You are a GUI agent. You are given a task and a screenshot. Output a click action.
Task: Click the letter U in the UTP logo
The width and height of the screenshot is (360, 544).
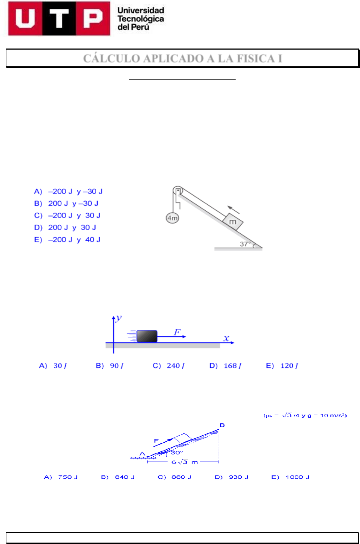coord(25,19)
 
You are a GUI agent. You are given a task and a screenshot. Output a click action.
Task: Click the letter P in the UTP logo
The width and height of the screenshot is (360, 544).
coord(93,19)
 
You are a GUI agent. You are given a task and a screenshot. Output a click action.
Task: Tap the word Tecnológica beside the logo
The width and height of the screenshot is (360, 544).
coord(140,19)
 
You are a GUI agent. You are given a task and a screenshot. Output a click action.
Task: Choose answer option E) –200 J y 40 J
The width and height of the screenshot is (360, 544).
coord(67,240)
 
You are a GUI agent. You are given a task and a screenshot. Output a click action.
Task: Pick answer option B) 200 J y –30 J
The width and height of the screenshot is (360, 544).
coord(66,203)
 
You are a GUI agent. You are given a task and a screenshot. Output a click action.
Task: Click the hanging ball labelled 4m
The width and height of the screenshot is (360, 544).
coord(173,218)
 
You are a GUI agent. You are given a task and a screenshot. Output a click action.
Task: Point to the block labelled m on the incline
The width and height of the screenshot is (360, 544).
coord(233,222)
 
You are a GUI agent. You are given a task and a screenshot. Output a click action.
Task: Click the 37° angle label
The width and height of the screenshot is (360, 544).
coord(245,244)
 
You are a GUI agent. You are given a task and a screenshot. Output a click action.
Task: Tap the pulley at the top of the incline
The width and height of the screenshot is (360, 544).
coord(178,190)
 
